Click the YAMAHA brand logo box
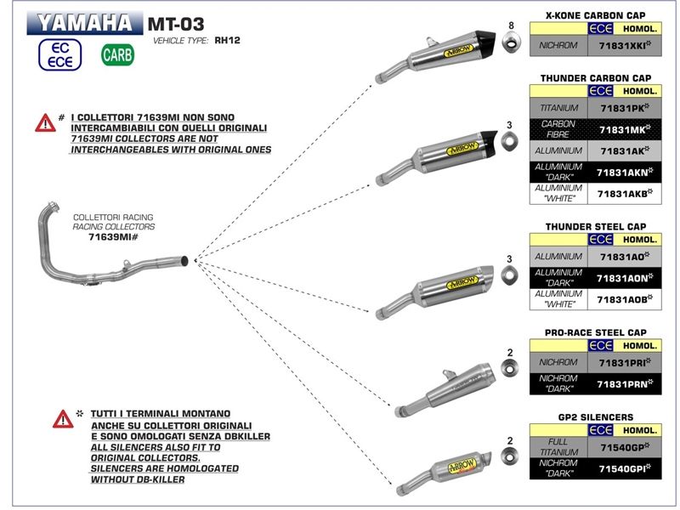84,23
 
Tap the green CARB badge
116,55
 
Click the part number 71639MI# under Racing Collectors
113,238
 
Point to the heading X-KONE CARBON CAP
595,15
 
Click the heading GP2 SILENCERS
595,417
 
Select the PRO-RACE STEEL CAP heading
595,332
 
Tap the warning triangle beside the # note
45,123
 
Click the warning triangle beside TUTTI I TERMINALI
62,419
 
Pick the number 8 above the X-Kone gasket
511,25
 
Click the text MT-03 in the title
176,22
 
